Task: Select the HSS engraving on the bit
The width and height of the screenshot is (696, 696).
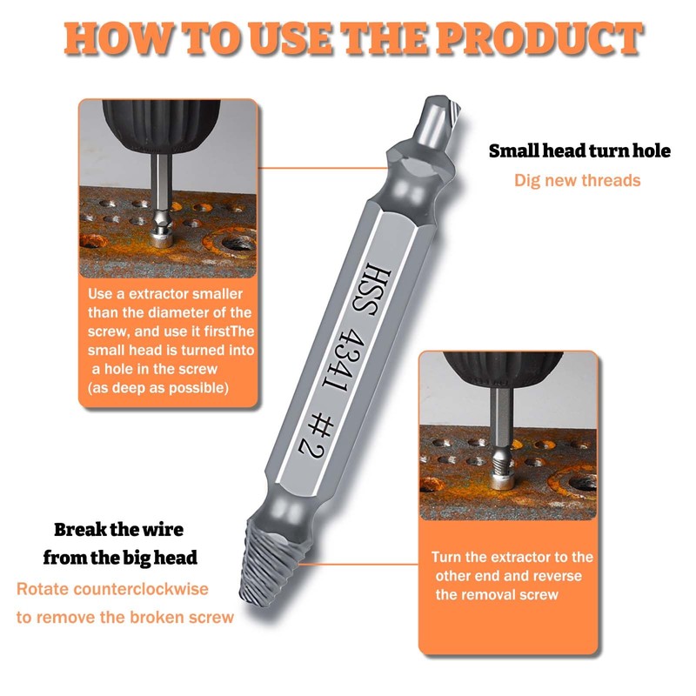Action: point(372,291)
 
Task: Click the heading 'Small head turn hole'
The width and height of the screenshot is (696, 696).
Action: point(579,151)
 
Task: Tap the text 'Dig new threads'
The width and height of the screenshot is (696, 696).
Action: point(577,181)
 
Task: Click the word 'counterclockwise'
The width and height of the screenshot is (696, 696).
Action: point(141,589)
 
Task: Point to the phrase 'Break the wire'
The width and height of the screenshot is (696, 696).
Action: point(118,530)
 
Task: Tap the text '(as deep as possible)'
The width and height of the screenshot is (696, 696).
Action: point(158,388)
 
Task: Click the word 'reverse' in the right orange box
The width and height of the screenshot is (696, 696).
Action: point(556,576)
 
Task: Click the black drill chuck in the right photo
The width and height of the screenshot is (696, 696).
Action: point(504,368)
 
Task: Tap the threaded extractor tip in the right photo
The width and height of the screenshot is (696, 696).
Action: point(503,463)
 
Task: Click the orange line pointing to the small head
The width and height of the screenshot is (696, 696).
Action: point(323,168)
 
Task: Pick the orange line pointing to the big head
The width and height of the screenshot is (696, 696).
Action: point(358,564)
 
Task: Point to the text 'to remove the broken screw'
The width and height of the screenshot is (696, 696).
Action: point(125,618)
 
